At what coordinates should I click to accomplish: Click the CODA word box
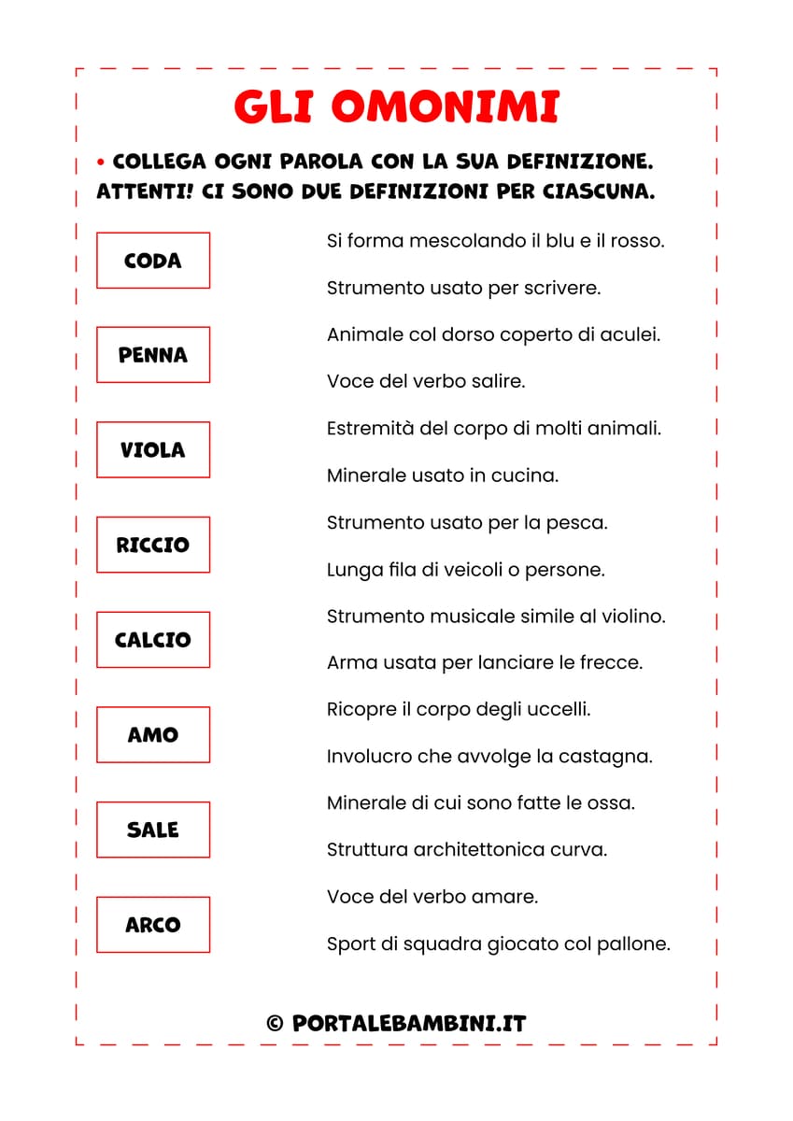153,261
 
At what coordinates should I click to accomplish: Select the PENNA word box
153,355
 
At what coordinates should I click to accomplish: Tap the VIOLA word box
153,450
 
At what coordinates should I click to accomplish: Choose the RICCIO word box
153,545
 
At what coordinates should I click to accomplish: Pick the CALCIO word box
153,640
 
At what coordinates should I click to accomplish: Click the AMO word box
153,735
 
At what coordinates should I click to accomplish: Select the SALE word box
153,830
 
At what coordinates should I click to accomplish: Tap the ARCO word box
153,925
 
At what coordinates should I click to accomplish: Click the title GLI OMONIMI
396,107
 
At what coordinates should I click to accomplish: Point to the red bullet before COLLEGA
101,163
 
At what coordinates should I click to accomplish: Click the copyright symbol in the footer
275,1024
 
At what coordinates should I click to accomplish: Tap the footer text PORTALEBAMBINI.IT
409,1024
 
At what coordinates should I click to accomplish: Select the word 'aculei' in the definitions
631,334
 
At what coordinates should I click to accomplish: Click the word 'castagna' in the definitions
613,757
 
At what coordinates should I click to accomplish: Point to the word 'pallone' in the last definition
639,944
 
